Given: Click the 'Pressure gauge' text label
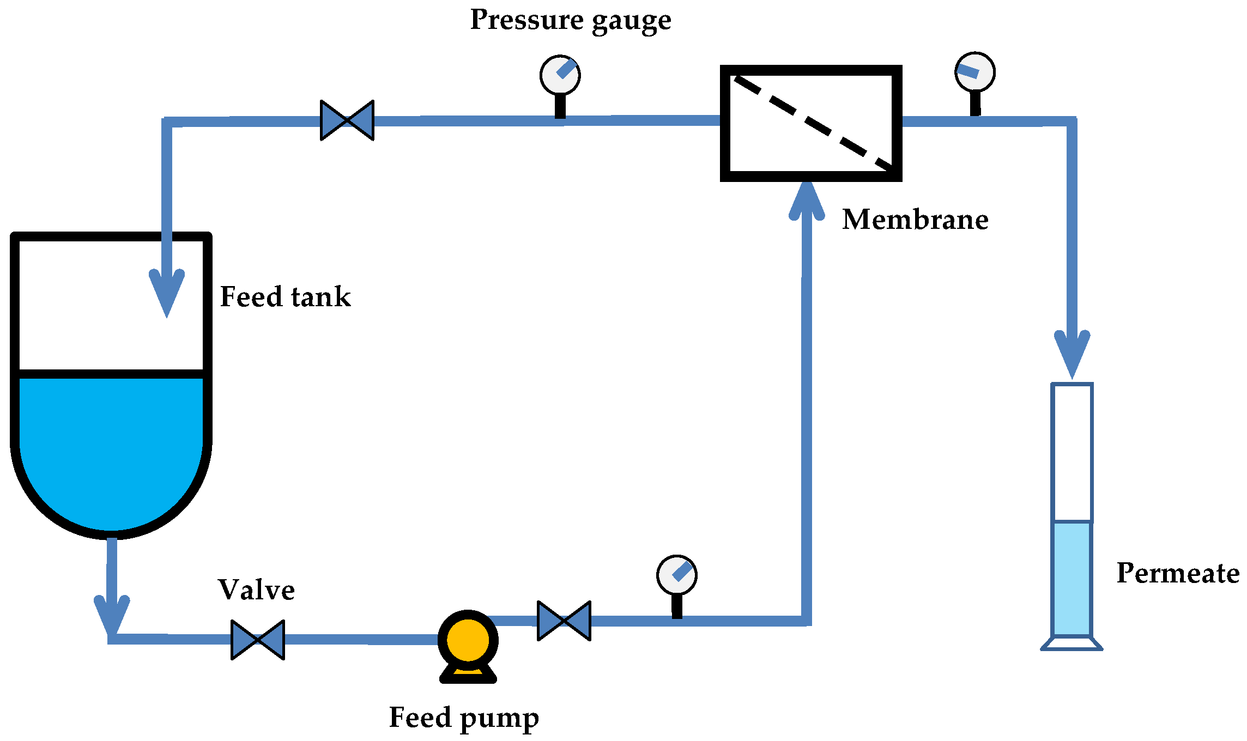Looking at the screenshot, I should (x=570, y=21).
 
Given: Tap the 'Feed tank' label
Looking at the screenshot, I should (x=285, y=297).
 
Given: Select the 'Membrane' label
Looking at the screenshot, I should (x=915, y=220).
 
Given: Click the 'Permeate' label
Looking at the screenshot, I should (x=1177, y=573).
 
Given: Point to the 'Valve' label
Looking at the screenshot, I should (x=256, y=590).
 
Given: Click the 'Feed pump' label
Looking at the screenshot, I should (x=464, y=718).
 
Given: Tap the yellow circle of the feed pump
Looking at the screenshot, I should (x=468, y=640).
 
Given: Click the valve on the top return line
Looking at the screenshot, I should (x=347, y=120).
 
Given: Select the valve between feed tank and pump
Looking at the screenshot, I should (x=258, y=640).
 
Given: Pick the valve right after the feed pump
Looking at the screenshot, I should (x=564, y=621).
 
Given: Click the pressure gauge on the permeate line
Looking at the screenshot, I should (x=975, y=72).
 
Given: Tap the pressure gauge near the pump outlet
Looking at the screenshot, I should (x=677, y=575).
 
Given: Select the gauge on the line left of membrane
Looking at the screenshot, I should (x=560, y=75).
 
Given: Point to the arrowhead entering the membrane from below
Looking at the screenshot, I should (x=807, y=202).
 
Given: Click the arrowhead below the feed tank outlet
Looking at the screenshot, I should (x=112, y=616).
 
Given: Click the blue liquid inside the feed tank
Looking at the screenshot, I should (x=111, y=447).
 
